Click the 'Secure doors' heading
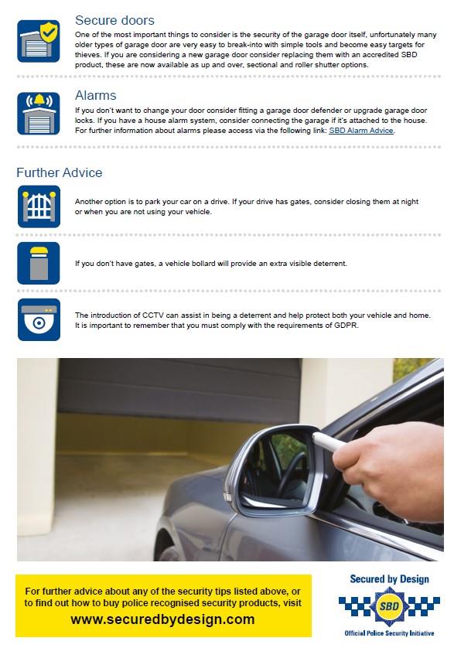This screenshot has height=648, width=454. (114, 20)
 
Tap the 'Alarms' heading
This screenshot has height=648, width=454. (95, 95)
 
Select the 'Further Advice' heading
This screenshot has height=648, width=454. (59, 172)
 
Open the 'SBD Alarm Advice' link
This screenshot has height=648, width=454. (361, 131)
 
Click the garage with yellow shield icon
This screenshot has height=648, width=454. (39, 41)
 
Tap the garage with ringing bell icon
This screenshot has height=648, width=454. (39, 113)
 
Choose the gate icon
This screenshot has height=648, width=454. (39, 206)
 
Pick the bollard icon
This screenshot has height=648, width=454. (39, 263)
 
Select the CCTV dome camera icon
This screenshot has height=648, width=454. (39, 319)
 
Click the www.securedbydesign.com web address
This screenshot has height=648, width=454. (162, 619)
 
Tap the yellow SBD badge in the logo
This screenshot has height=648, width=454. (389, 606)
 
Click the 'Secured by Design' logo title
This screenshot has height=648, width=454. (389, 579)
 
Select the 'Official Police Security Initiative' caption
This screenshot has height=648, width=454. (389, 633)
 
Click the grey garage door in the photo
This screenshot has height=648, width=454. (179, 388)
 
